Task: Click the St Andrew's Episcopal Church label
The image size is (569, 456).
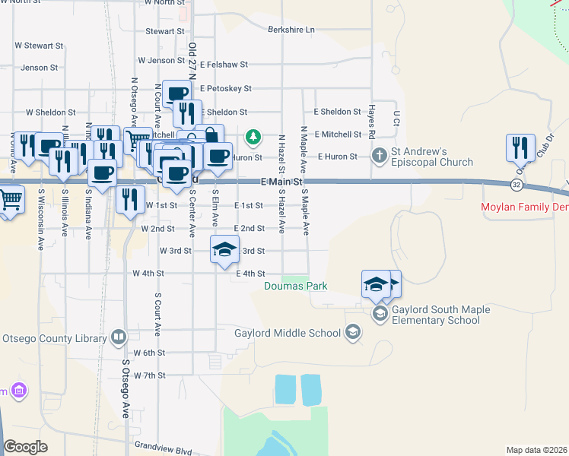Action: [432, 157]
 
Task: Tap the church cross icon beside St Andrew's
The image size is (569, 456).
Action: [379, 154]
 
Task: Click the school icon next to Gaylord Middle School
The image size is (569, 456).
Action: [352, 332]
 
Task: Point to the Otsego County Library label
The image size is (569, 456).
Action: [54, 337]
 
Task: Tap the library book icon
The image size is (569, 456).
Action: [118, 335]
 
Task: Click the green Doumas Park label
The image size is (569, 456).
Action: [296, 286]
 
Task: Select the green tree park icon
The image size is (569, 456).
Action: [253, 138]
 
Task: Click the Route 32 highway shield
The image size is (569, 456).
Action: [517, 185]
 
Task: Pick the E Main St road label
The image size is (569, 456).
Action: [281, 182]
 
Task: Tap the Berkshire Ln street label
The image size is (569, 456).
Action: [291, 30]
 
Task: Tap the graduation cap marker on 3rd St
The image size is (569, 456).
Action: [224, 251]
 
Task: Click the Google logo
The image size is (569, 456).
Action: [26, 446]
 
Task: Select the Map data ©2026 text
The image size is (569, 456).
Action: [536, 450]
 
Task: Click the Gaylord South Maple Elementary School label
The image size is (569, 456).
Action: [436, 315]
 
